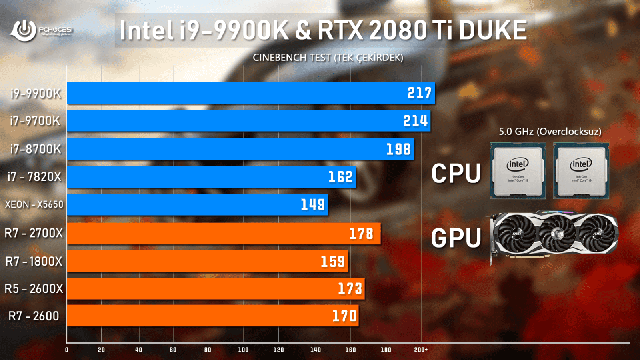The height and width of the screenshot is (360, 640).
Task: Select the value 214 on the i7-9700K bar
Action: click(x=415, y=121)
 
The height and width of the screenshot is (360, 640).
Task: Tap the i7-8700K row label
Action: click(x=36, y=149)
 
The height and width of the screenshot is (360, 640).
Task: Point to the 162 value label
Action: click(x=340, y=177)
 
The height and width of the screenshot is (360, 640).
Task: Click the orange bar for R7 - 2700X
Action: click(x=224, y=233)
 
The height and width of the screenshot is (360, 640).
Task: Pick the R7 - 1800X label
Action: click(x=34, y=261)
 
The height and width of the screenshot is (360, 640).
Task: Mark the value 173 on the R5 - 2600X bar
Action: click(x=350, y=288)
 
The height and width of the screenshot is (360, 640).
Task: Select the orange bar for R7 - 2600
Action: click(x=212, y=316)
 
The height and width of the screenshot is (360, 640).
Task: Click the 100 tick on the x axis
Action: click(x=243, y=350)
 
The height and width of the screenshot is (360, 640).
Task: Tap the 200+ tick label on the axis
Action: click(x=421, y=350)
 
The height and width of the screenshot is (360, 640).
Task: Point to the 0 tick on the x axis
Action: click(x=67, y=350)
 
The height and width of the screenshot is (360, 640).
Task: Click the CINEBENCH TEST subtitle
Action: click(x=328, y=58)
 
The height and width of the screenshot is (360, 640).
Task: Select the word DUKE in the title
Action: click(x=493, y=30)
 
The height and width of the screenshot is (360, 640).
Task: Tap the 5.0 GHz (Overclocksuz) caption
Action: click(x=550, y=132)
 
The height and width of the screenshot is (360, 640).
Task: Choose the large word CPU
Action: click(x=456, y=173)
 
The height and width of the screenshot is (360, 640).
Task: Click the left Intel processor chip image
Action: click(x=518, y=171)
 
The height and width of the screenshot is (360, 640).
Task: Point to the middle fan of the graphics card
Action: click(x=556, y=233)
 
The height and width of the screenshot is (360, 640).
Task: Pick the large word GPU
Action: click(x=456, y=238)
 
